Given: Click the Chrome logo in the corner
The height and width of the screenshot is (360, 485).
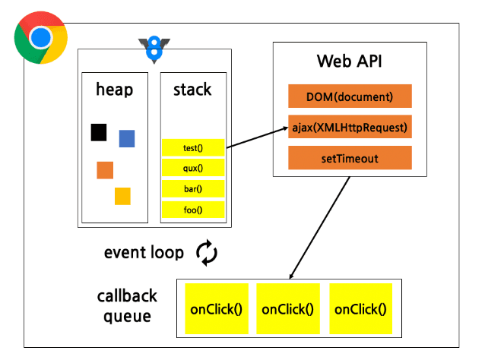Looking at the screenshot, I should click(x=40, y=37).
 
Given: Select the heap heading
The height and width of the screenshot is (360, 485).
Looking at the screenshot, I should click(x=115, y=90).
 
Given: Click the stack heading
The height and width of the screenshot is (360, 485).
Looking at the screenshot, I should click(x=192, y=90).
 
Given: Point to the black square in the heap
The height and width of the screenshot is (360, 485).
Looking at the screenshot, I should click(x=98, y=132).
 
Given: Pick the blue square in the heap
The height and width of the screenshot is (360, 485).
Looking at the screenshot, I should click(x=127, y=138).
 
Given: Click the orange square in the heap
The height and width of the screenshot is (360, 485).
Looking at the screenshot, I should click(x=105, y=170).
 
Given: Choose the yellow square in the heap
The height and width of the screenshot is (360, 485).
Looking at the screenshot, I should click(x=122, y=196).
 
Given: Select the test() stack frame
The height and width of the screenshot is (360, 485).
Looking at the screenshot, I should click(x=193, y=147).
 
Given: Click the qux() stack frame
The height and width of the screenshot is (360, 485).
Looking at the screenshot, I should click(x=193, y=168).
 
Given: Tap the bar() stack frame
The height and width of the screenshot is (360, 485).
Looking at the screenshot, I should click(x=193, y=188).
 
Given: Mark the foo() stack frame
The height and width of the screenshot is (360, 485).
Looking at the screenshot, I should click(x=193, y=210).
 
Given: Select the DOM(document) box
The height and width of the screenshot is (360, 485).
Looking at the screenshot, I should click(x=350, y=96).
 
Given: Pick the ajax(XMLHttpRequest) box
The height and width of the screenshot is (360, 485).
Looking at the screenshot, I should click(x=350, y=127).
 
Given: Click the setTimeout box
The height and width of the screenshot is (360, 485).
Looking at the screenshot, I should click(x=350, y=158).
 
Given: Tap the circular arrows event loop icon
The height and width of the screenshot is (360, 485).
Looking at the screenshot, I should click(x=207, y=253).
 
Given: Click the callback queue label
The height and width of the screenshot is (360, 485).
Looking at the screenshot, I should click(x=127, y=305).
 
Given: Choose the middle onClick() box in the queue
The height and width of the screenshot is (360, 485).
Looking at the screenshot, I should click(x=287, y=309).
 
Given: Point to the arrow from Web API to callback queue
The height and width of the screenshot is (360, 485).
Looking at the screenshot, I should click(x=319, y=229).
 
